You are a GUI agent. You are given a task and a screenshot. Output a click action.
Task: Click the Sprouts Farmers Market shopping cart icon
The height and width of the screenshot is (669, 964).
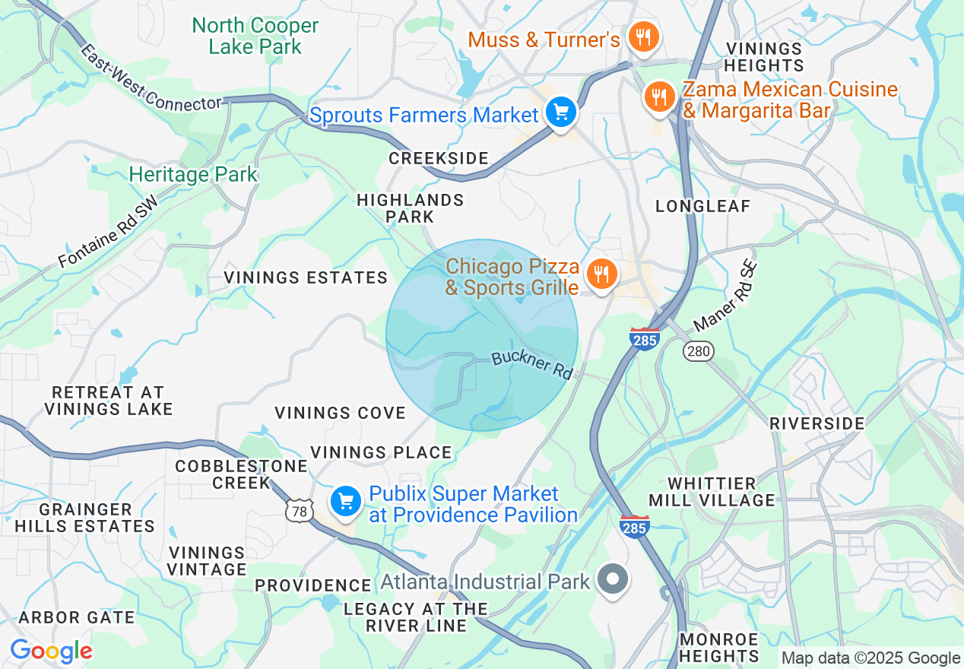[561, 114]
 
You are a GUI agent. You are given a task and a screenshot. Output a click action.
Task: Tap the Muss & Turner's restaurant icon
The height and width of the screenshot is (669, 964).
[643, 36]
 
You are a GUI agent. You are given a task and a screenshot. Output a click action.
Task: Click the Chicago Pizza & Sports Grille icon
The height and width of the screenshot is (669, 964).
[602, 274]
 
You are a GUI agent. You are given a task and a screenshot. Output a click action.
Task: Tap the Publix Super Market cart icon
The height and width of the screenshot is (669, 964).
[346, 501]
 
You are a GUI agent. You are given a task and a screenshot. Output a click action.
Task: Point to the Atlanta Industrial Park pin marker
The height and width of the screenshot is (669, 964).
[612, 580]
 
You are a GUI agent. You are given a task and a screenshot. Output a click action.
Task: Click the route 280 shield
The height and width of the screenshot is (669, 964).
[697, 350]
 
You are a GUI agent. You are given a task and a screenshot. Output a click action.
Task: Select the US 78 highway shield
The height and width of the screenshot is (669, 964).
[300, 512]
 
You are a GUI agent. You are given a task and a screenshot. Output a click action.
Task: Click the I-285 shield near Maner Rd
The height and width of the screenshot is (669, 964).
[644, 338]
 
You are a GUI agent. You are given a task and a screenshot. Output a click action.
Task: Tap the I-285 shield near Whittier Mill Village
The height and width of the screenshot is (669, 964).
[635, 525]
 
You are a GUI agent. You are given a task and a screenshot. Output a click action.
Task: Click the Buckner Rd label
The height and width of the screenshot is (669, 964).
[531, 365]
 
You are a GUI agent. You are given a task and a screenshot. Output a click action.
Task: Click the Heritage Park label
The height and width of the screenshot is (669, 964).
[193, 174]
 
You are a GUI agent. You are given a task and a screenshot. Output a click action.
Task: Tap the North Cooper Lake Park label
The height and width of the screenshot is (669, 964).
[255, 36]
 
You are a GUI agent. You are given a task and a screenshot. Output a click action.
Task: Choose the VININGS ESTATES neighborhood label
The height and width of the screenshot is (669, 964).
[306, 277]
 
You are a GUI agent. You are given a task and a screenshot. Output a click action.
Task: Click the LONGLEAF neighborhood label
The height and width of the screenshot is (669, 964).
[702, 206]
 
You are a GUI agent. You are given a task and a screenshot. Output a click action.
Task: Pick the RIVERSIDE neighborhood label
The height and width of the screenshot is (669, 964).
[817, 423]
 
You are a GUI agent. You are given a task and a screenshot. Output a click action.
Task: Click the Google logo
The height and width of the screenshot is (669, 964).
[51, 651]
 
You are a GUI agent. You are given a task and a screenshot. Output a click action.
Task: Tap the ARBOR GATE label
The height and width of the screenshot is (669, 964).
[76, 617]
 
